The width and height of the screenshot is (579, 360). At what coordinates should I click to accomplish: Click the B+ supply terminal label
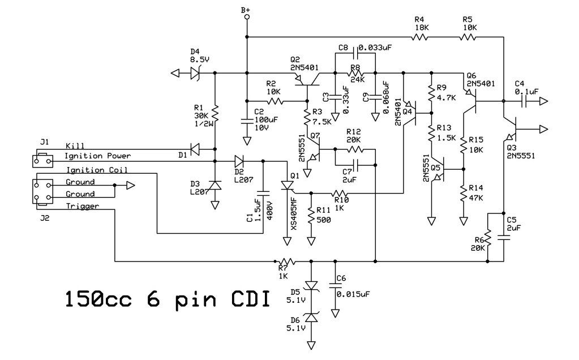pyautogui.click(x=246, y=10)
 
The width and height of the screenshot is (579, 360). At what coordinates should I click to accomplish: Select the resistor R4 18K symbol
pyautogui.click(x=419, y=37)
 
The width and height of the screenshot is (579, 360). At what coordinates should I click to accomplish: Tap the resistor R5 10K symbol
pyautogui.click(x=468, y=37)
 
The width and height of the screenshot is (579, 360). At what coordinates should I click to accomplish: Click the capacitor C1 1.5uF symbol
pyautogui.click(x=263, y=192)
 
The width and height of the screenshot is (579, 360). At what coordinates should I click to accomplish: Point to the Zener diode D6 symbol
pyautogui.click(x=311, y=320)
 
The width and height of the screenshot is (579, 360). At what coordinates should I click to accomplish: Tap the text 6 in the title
pyautogui.click(x=147, y=298)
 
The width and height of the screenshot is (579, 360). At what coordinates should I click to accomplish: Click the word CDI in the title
pyautogui.click(x=244, y=298)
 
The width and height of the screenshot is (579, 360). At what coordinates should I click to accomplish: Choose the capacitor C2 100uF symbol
pyautogui.click(x=246, y=120)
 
